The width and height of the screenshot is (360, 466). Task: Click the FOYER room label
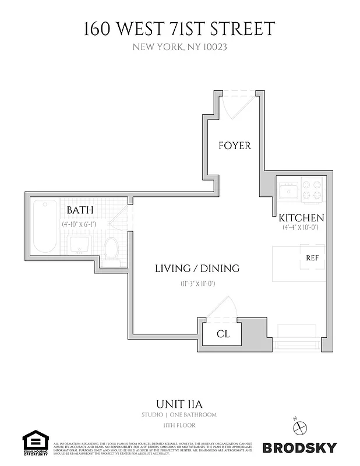(235, 145)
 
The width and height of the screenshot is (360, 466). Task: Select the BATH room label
(80, 210)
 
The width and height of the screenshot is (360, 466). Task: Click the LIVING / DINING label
(197, 269)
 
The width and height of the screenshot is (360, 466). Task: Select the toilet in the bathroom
(111, 249)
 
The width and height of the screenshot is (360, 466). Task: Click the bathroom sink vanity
(79, 245)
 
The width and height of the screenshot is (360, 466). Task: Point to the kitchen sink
(288, 190)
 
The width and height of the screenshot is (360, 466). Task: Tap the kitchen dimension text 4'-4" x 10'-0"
(300, 228)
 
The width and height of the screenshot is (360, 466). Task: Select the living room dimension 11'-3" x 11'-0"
(198, 284)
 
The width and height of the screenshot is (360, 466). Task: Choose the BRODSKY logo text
(299, 447)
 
